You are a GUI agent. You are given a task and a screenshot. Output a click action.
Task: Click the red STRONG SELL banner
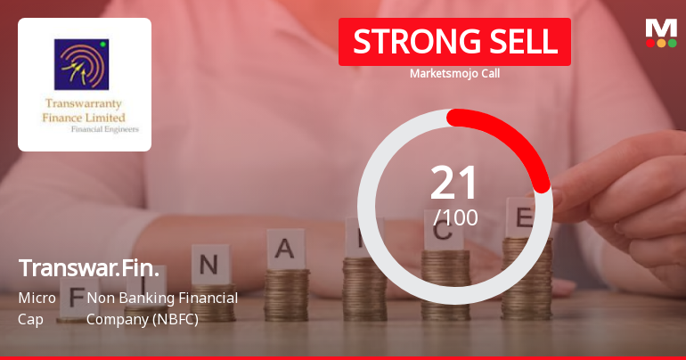(x=454, y=41)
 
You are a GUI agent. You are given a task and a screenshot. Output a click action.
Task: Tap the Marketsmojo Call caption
(x=454, y=73)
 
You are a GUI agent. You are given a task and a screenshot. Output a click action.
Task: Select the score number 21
(x=454, y=183)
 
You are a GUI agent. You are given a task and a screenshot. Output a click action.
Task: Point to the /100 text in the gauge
(x=455, y=217)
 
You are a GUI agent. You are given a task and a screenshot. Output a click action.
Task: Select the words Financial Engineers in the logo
(x=99, y=128)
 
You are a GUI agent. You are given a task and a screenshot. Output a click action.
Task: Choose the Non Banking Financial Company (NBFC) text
(x=162, y=307)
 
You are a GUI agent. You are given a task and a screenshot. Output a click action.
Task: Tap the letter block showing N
(x=208, y=264)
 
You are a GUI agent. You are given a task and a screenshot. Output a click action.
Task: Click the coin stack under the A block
(x=288, y=293)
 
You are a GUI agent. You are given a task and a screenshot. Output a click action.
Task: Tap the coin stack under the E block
(x=526, y=276)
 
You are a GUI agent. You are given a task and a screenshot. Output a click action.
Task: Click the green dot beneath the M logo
(x=672, y=43)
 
